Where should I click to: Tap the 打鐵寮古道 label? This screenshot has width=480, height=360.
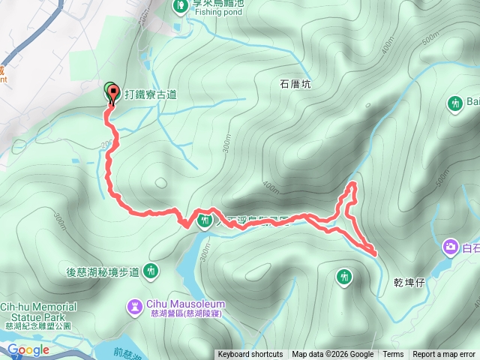[x=151, y=94]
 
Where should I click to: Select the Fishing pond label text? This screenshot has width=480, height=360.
[x=218, y=11]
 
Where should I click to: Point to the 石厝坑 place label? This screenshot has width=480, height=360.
[x=295, y=85]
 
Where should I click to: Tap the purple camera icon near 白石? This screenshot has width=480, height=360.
[x=451, y=246]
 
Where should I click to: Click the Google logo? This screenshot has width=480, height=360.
[x=28, y=349]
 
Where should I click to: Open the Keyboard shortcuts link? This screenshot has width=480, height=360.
[x=250, y=355]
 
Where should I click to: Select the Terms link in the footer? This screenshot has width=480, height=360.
[x=393, y=355]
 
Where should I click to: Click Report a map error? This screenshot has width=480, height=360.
[x=444, y=355]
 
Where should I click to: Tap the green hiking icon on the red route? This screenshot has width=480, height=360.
[x=204, y=220]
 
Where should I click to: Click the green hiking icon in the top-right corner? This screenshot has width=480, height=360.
[x=455, y=102]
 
